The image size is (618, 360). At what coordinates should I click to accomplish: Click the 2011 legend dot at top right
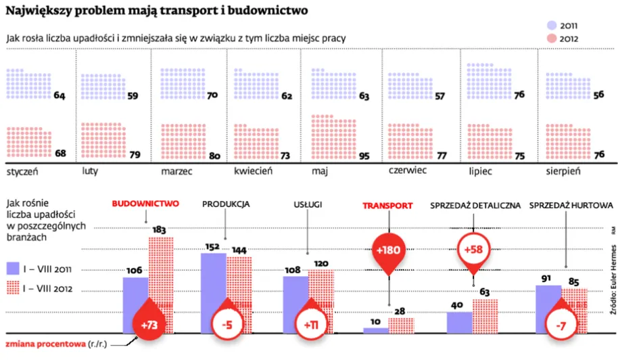[551, 24]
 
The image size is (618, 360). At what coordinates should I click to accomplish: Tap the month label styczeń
[22, 172]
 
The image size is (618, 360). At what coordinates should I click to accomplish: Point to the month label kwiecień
[253, 172]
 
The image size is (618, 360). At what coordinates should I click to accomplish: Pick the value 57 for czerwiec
[440, 96]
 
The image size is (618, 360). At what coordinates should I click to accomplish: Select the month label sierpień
[564, 172]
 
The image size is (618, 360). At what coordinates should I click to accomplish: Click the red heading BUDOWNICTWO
[145, 204]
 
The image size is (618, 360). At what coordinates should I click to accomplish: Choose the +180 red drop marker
[389, 251]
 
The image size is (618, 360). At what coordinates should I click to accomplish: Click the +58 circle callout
[473, 250]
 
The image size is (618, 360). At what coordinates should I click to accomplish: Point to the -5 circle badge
[228, 325]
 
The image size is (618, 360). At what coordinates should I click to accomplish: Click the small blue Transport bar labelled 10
[375, 330]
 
